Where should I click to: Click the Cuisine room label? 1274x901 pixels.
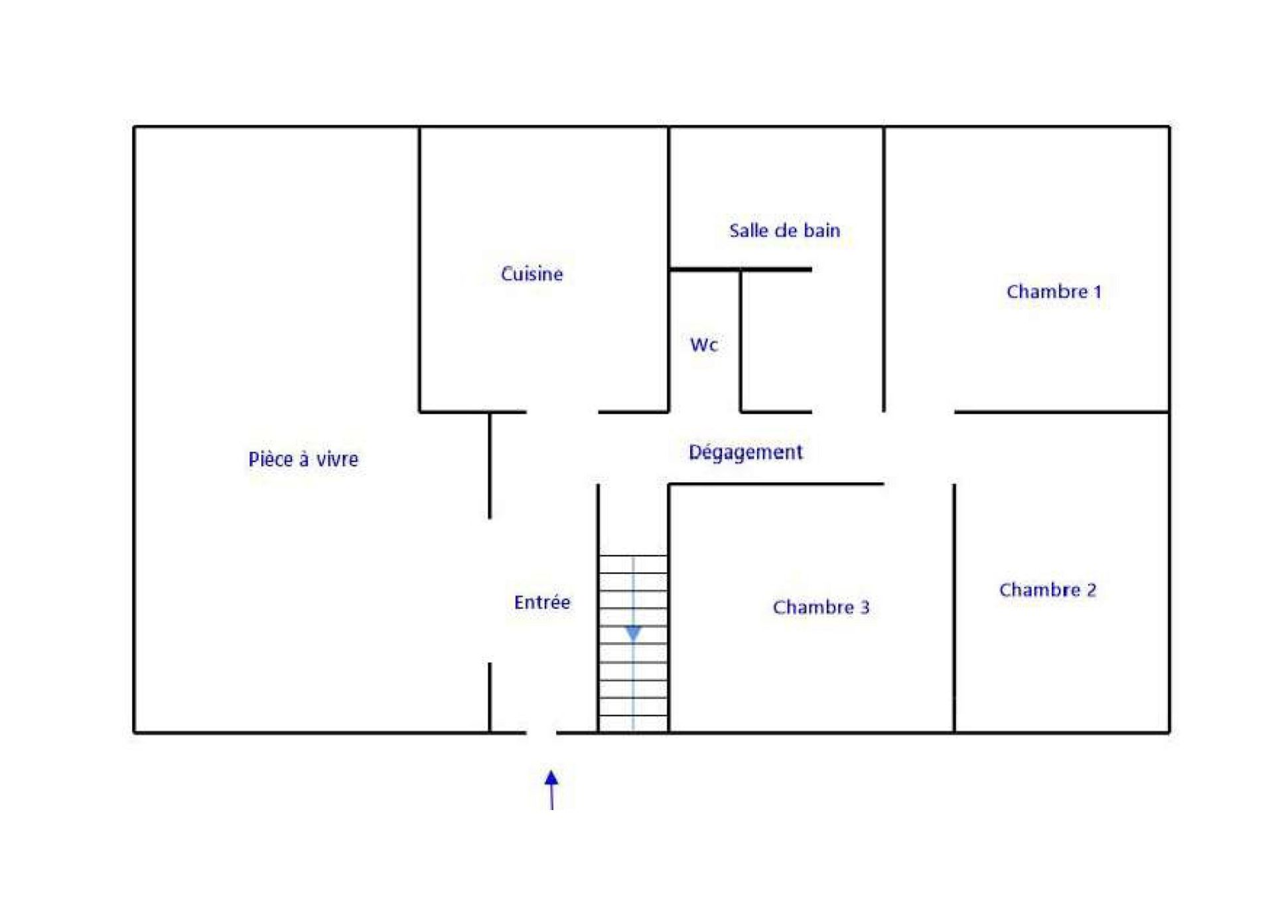click(531, 274)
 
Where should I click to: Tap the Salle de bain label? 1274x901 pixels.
click(784, 230)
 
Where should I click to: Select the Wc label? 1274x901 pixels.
click(703, 345)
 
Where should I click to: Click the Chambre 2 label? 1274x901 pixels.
click(1047, 590)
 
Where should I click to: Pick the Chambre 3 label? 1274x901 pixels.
click(821, 607)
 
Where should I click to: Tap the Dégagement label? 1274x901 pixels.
click(745, 452)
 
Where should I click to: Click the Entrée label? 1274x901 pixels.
click(542, 602)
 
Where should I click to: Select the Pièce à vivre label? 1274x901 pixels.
click(303, 459)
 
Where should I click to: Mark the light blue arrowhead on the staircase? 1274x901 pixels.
click(633, 633)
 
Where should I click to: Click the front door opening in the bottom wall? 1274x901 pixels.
click(541, 733)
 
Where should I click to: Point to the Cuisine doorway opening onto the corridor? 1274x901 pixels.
click(563, 412)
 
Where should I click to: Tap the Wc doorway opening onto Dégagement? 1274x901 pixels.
click(705, 412)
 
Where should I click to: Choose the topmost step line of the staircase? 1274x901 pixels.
click(633, 556)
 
